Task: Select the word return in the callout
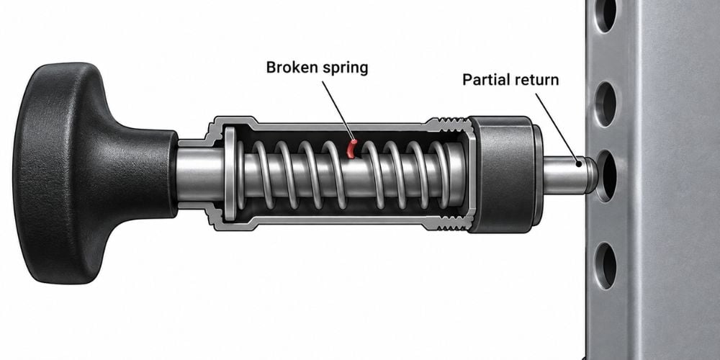click(536, 80)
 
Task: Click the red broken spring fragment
click(351, 149)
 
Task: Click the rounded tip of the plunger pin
click(591, 175)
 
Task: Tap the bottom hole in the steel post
click(606, 266)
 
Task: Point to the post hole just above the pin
click(606, 104)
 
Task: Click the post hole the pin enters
click(606, 176)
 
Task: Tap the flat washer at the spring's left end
click(229, 174)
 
